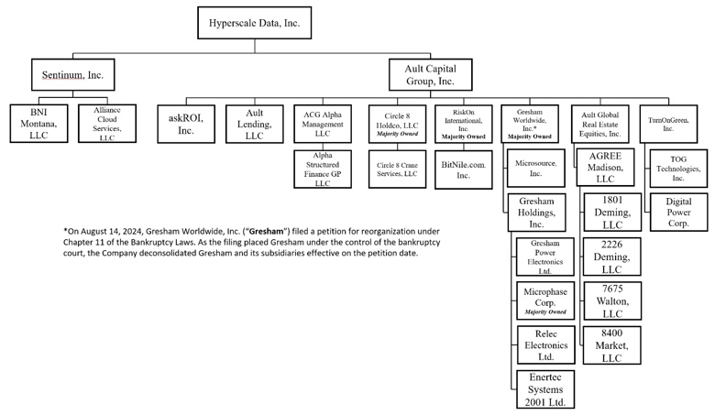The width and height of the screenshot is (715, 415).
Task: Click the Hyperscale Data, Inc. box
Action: [255, 23]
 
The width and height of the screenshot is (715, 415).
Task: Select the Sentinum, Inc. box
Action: [73, 75]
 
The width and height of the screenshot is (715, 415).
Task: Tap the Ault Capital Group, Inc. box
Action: [431, 75]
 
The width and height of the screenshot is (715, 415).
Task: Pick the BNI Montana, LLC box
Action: [38, 124]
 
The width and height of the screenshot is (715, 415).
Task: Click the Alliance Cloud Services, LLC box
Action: [107, 124]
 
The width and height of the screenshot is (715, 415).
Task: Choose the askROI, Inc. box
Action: [186, 124]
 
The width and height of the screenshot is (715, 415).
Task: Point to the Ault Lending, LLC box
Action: [255, 124]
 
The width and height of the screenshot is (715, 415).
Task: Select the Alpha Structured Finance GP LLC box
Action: [323, 169]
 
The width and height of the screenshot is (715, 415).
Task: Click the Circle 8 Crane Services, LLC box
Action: [397, 169]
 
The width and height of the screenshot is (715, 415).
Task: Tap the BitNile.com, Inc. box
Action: [463, 169]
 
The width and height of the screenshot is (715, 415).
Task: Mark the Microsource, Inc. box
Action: [536, 168]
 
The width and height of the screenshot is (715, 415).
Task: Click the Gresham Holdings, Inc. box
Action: [536, 213]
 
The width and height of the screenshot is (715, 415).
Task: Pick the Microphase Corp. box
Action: [545, 300]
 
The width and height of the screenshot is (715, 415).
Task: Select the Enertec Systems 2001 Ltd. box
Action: [545, 389]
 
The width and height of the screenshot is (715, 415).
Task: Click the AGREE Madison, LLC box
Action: [605, 167]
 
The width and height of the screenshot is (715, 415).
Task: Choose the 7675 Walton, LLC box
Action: [612, 300]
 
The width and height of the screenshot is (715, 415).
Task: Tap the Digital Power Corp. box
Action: [678, 213]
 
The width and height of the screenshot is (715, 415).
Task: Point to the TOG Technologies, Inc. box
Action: [678, 169]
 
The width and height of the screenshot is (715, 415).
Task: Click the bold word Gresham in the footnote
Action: [267, 232]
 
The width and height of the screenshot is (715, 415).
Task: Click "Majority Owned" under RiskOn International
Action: [463, 137]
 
